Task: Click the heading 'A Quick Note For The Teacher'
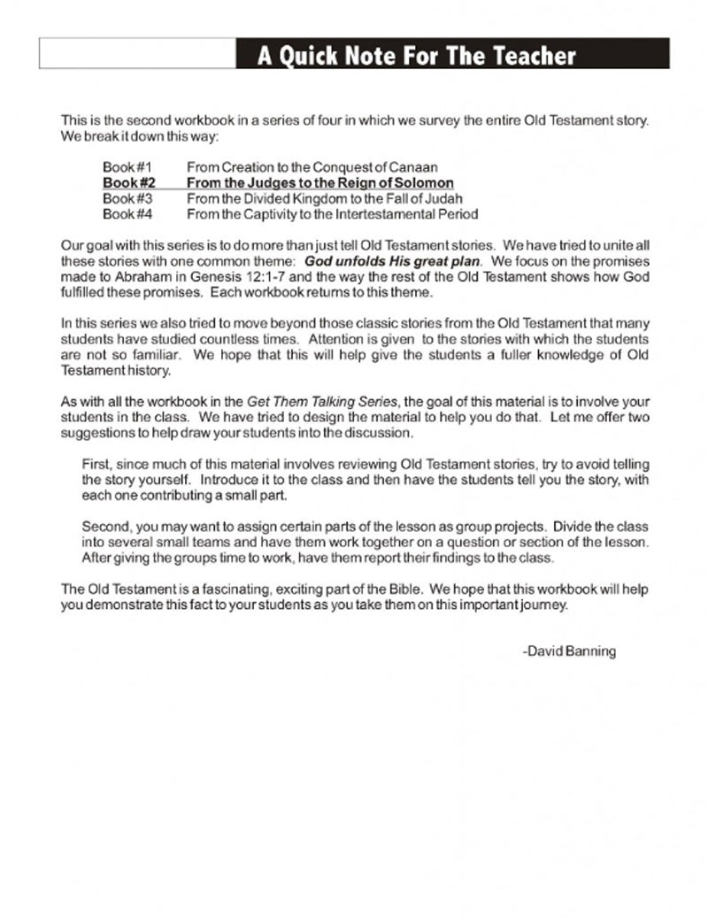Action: [x=416, y=57]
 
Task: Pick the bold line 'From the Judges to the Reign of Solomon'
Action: [x=319, y=182]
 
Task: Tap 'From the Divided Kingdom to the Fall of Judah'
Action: [x=324, y=198]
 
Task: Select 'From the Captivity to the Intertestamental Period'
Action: [x=332, y=214]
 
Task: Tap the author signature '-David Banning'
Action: [x=569, y=651]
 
